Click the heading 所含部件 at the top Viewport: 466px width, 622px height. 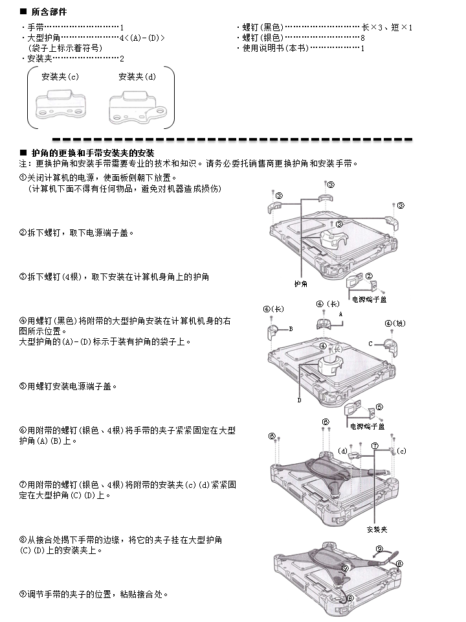[x=49, y=12]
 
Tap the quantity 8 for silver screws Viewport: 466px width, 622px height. [x=363, y=38]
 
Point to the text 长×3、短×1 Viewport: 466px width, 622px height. [x=386, y=27]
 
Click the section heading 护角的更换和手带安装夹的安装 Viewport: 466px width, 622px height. [x=93, y=152]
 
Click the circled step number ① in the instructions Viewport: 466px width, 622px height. [x=23, y=176]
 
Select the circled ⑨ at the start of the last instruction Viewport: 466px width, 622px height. [x=23, y=593]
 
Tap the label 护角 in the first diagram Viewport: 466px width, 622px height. [x=300, y=284]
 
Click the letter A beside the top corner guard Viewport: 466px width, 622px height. [x=340, y=313]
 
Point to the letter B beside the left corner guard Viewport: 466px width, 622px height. [x=291, y=328]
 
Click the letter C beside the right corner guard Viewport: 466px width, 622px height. [x=371, y=343]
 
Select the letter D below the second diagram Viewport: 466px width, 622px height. [x=300, y=400]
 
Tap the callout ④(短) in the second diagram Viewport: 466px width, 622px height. [x=395, y=323]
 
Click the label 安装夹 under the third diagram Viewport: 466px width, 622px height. [x=377, y=529]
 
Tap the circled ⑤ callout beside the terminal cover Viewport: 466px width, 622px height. [x=379, y=407]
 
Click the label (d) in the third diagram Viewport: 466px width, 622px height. [x=344, y=450]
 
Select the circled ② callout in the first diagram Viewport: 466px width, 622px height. [x=278, y=195]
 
